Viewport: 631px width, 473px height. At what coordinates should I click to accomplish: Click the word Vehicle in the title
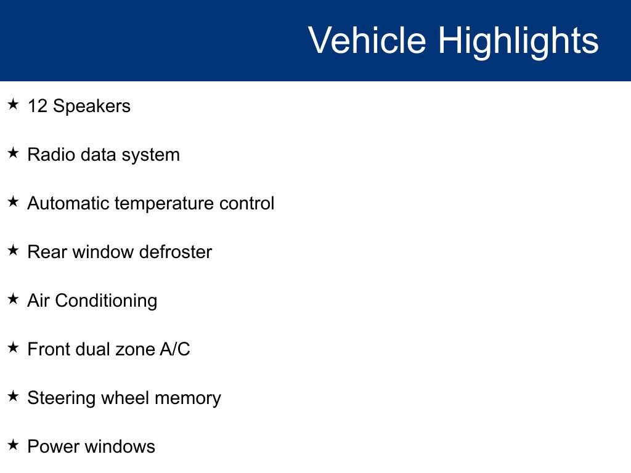(x=367, y=40)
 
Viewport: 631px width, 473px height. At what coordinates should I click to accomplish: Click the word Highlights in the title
(x=518, y=42)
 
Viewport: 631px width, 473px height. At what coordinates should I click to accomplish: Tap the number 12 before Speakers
(x=38, y=106)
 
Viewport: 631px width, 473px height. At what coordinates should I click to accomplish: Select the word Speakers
(x=92, y=107)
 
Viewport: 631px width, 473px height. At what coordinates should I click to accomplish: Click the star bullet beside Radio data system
(x=13, y=153)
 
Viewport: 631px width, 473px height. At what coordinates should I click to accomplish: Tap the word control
(x=246, y=203)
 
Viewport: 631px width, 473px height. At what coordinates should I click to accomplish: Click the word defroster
(x=176, y=252)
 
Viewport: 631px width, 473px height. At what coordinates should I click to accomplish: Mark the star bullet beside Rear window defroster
(x=13, y=250)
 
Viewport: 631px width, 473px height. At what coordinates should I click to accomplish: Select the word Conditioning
(x=106, y=301)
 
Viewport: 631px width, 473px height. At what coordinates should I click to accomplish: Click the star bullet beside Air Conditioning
(x=13, y=299)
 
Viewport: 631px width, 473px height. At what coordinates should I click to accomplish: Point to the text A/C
(x=174, y=349)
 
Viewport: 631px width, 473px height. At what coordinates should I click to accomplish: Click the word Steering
(x=61, y=398)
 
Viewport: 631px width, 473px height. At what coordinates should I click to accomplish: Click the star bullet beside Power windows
(x=13, y=445)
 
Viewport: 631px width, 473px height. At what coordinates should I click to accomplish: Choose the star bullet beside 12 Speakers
(x=13, y=104)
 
